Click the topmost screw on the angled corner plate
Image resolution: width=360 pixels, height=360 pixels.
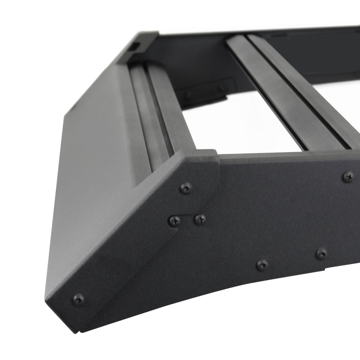coord(185,188)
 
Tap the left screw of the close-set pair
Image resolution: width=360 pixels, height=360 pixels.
coord(174,220)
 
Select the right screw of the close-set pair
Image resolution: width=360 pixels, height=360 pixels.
coord(200,219)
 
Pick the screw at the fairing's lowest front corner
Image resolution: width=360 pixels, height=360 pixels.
coord(78,299)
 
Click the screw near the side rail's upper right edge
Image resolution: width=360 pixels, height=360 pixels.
coord(348,177)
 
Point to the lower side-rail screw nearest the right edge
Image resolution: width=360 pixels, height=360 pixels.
coord(321,253)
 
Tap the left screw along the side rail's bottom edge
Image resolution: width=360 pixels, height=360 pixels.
coord(262,265)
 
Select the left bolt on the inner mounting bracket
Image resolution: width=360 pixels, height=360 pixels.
coord(189,94)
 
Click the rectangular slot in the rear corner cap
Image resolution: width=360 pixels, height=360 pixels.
coord(135,46)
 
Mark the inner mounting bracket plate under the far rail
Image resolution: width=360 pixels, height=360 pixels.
coord(205,92)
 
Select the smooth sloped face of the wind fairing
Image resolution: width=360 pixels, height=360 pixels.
coord(90,180)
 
